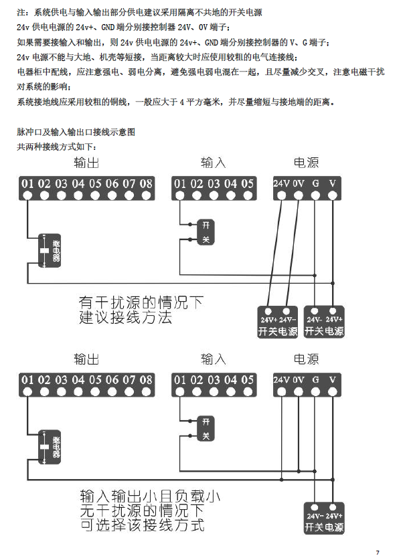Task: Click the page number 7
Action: click(378, 551)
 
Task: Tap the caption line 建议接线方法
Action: click(126, 318)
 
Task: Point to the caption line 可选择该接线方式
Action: click(141, 525)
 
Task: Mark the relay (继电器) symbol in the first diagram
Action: click(50, 252)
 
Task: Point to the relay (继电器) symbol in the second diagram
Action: click(50, 446)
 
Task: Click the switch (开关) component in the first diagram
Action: click(206, 231)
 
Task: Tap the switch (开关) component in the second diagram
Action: click(206, 428)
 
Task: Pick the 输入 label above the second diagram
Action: click(213, 360)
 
